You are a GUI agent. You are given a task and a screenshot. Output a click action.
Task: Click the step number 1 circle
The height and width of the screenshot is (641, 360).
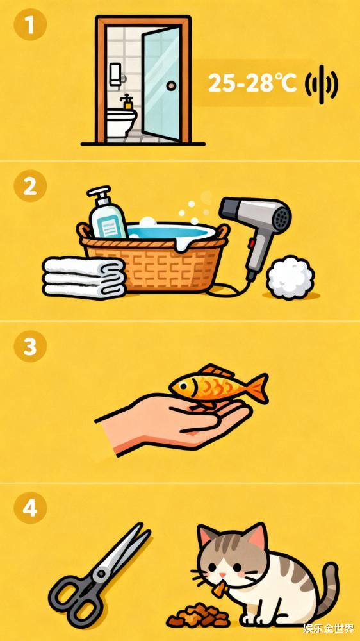pyautogui.click(x=30, y=25)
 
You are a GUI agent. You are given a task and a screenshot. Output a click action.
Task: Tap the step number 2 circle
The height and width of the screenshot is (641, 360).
pyautogui.click(x=30, y=187)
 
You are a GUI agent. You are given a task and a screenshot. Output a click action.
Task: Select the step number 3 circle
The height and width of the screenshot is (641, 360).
pyautogui.click(x=30, y=347)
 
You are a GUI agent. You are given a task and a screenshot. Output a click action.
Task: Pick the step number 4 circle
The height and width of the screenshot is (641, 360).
pyautogui.click(x=30, y=508)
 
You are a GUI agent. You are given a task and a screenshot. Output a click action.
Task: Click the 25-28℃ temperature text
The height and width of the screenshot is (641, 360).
pyautogui.click(x=252, y=83)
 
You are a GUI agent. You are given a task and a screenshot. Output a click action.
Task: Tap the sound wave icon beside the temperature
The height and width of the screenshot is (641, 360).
pyautogui.click(x=322, y=84)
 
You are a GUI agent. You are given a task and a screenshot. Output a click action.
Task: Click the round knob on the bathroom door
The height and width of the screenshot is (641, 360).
pyautogui.click(x=172, y=85)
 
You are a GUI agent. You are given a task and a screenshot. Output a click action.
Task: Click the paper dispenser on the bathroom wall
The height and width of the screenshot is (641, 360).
pyautogui.click(x=116, y=74)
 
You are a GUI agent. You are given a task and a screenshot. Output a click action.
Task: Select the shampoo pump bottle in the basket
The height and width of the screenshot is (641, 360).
pyautogui.click(x=106, y=213)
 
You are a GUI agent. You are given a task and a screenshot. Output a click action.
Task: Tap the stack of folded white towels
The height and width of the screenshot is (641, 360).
pyautogui.click(x=84, y=277)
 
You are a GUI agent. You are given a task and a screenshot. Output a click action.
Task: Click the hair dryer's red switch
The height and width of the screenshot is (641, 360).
pyautogui.click(x=252, y=245)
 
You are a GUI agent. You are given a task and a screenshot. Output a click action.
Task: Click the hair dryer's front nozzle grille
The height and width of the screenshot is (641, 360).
pyautogui.click(x=281, y=217)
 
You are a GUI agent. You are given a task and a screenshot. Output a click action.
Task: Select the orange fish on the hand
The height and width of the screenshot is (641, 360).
pyautogui.click(x=218, y=385)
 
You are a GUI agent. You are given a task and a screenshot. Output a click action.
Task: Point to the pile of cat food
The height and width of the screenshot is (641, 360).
pyautogui.click(x=199, y=615)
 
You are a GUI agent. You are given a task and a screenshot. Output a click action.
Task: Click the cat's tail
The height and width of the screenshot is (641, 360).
pyautogui.click(x=327, y=588)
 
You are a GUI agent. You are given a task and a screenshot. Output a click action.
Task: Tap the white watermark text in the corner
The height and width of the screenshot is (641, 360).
pyautogui.click(x=328, y=628)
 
